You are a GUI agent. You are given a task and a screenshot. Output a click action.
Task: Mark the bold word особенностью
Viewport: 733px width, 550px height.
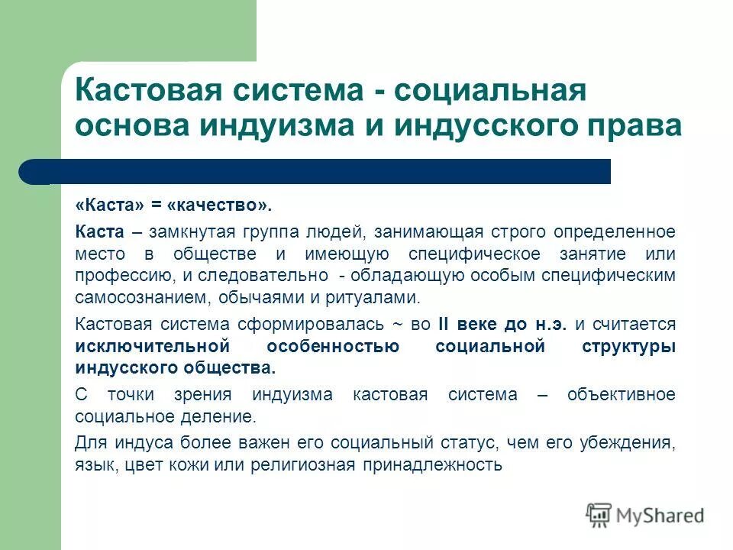tap(334, 345)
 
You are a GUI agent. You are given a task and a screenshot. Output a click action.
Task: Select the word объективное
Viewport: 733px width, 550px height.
tap(621, 395)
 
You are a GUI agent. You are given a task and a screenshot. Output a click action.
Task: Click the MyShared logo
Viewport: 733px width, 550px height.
tap(645, 515)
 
